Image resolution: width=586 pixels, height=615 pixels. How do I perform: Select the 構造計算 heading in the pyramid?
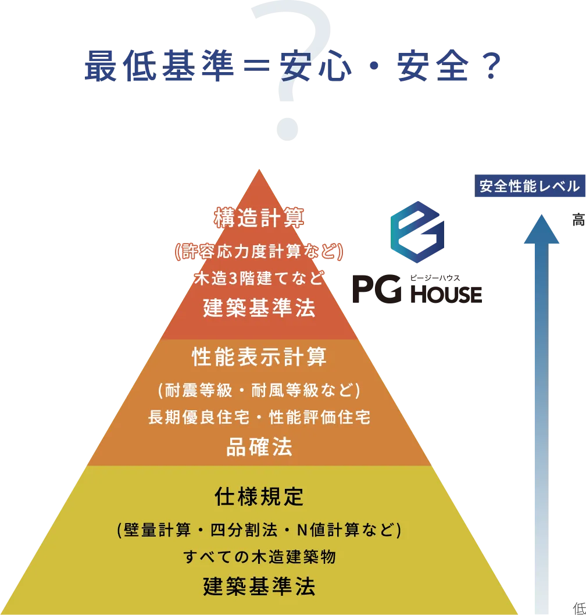point(259,219)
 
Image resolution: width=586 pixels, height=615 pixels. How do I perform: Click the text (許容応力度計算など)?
point(259,251)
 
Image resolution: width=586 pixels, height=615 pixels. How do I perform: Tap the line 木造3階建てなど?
point(259,278)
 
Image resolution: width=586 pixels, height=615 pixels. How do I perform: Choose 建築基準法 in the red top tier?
point(259,308)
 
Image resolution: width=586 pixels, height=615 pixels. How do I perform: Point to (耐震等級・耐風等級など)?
point(259,389)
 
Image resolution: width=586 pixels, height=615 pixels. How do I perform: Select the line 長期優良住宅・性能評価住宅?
point(259,417)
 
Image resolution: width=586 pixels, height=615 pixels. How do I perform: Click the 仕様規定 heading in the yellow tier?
point(259,497)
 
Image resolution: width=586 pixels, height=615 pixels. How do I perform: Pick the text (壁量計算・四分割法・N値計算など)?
point(259,530)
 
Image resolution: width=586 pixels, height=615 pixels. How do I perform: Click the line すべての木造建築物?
point(259,557)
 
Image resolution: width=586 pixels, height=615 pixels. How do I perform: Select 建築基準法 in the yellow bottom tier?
point(259,587)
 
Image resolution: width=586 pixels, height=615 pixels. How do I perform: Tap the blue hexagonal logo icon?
point(417,232)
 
